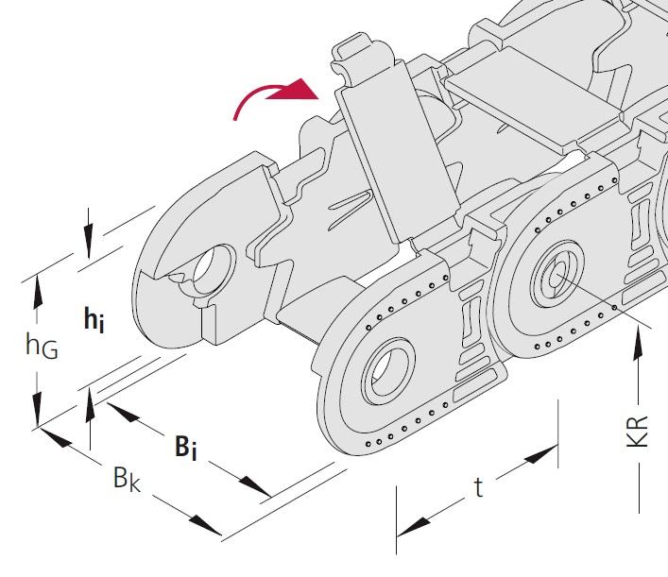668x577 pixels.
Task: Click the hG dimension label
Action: [x=42, y=347]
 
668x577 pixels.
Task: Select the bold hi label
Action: [x=94, y=321]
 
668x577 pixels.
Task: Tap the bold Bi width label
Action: [x=185, y=447]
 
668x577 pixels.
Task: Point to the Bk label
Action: [x=127, y=479]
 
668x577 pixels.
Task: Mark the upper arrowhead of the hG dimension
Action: [x=37, y=288]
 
